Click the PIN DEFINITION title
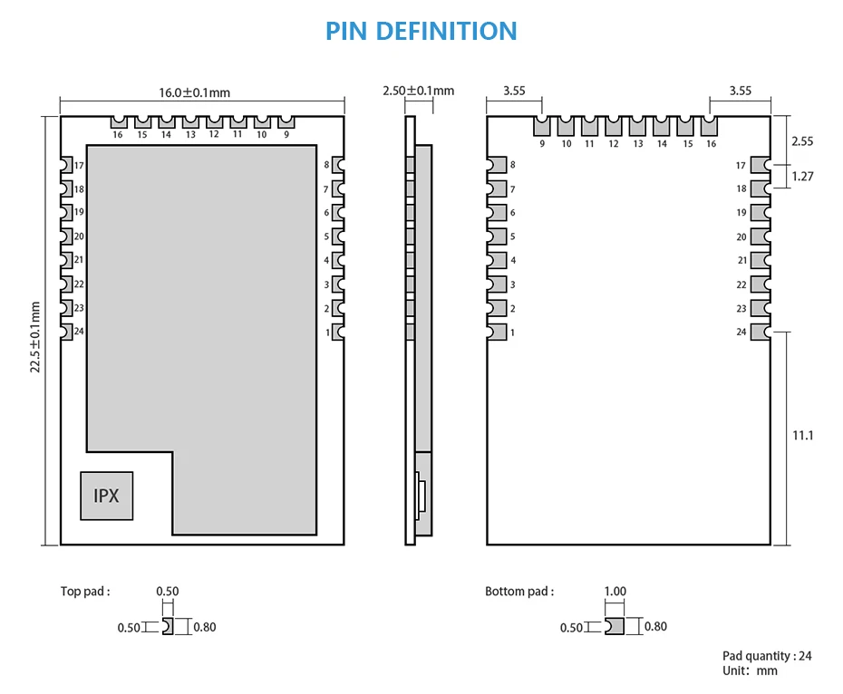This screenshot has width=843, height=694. tap(421, 31)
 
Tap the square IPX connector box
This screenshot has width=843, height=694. tap(106, 496)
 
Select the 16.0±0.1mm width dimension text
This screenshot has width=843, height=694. tap(195, 92)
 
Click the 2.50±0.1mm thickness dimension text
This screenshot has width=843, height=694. tap(418, 91)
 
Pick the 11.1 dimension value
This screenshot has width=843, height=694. tap(803, 435)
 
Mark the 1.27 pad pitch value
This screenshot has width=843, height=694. tap(802, 177)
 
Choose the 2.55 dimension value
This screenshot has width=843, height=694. tap(802, 141)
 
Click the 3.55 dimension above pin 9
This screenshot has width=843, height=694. tap(514, 91)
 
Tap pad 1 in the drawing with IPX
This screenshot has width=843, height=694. tap(338, 332)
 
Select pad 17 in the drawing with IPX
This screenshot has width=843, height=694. tap(66, 165)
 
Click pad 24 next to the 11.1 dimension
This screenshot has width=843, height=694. tap(765, 332)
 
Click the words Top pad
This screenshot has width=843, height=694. tap(85, 592)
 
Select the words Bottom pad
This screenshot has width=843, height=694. tap(518, 592)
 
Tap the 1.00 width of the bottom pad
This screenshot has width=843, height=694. tap(615, 592)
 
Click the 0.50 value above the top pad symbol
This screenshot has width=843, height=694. tap(168, 592)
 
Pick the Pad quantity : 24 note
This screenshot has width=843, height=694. tap(767, 656)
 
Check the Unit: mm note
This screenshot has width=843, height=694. tap(750, 670)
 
